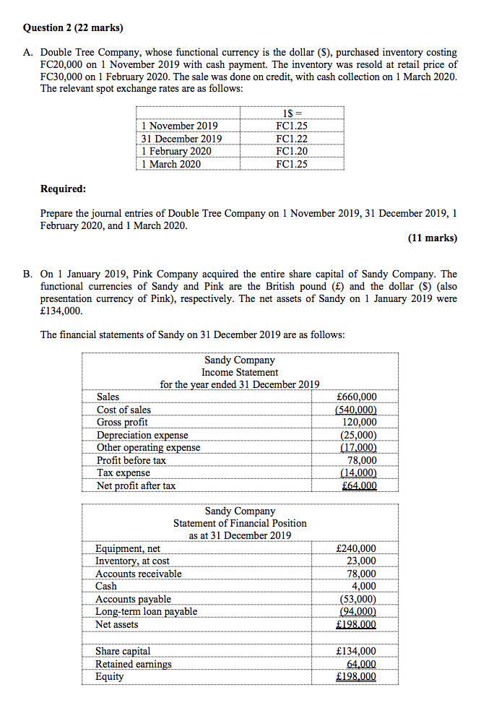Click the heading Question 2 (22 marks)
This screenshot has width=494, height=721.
tap(73, 28)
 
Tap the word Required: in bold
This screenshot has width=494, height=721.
tap(64, 189)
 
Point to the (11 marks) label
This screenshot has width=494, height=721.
tap(433, 238)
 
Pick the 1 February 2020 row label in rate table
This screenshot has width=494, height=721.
tap(177, 151)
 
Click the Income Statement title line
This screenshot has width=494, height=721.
tap(240, 372)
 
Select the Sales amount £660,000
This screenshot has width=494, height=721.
tap(357, 397)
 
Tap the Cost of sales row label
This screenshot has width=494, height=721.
tap(124, 410)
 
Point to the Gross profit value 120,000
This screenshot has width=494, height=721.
tap(360, 422)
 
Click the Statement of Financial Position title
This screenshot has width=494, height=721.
tap(240, 522)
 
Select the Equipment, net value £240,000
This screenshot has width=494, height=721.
tap(357, 548)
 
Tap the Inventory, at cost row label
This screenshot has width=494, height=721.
tap(133, 561)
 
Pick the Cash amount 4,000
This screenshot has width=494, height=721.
tap(364, 586)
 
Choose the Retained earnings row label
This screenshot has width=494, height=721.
tap(134, 664)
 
